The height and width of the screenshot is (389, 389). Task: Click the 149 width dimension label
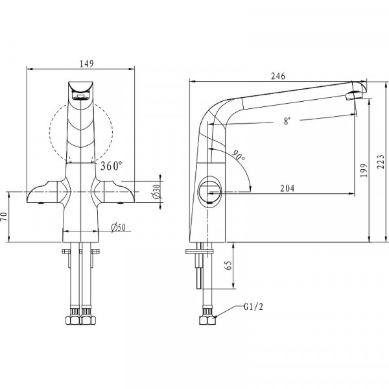tap(87, 64)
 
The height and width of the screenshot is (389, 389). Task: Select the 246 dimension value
tap(278, 76)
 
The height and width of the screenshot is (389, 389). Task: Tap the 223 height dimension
tap(381, 161)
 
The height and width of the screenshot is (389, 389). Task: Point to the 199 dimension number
tap(364, 170)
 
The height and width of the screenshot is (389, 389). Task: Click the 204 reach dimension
tap(287, 188)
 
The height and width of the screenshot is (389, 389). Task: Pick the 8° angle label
tap(287, 121)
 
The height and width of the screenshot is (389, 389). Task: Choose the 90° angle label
tap(239, 156)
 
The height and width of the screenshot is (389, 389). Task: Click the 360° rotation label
tap(112, 166)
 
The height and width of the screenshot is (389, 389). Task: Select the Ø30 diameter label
tap(157, 192)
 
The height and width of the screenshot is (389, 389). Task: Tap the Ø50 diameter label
tap(119, 228)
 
